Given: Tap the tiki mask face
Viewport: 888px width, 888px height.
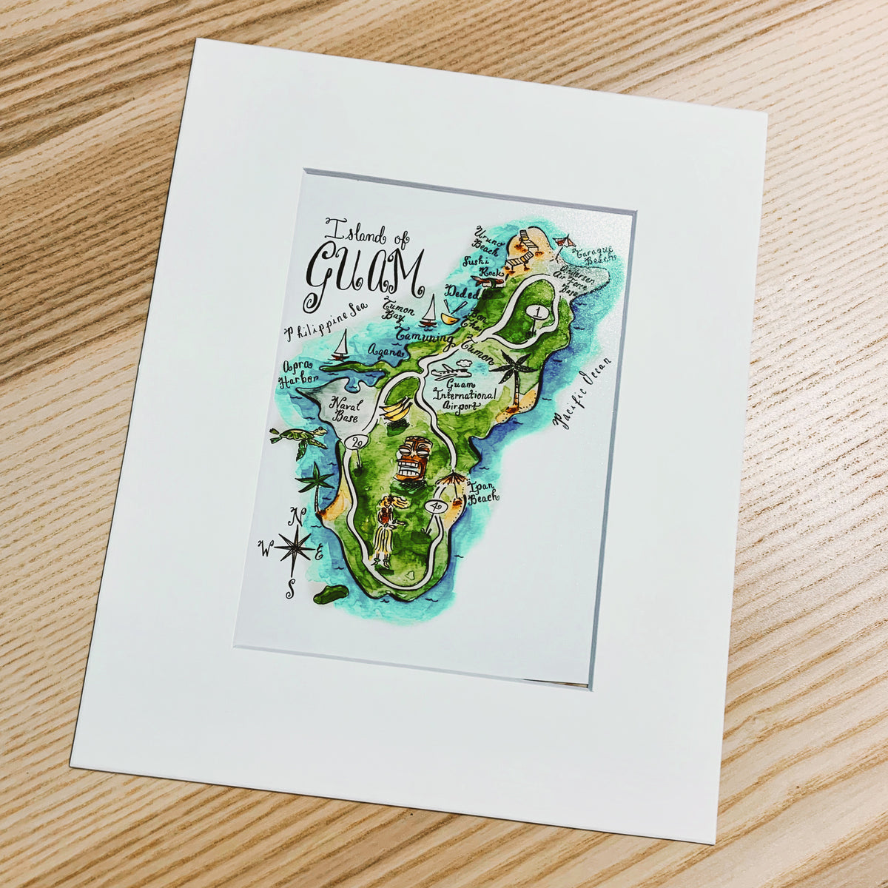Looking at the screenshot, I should pos(412,460).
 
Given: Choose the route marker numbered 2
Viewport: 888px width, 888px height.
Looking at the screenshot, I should pos(357,443).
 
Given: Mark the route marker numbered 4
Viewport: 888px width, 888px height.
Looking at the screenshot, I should pos(437,507).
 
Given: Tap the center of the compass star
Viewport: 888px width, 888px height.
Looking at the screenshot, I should pos(295,548).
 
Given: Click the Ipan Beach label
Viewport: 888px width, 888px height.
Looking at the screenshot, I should pos(482,494).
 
